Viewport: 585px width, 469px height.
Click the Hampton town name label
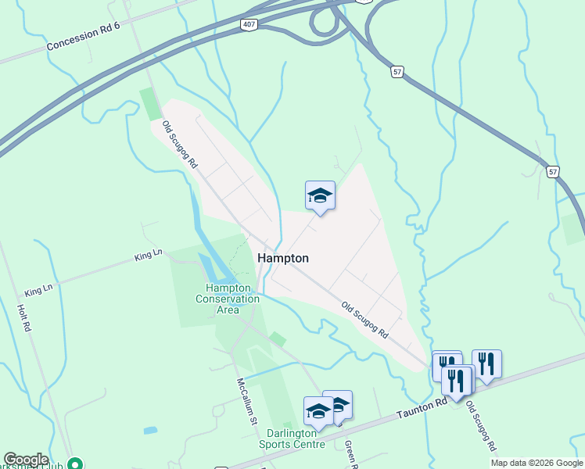[x=283, y=258]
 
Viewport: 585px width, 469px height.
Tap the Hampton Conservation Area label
[x=228, y=299]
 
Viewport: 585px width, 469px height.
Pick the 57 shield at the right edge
[x=554, y=171]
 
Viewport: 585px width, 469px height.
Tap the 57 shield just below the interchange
[x=397, y=71]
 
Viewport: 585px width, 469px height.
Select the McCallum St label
[x=248, y=402]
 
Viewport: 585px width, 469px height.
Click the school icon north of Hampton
[x=320, y=195]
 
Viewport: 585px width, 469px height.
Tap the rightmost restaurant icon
[x=486, y=363]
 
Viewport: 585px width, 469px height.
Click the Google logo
[x=26, y=460]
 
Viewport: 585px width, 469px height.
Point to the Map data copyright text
[x=537, y=463]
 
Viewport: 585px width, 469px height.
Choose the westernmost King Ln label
[x=38, y=290]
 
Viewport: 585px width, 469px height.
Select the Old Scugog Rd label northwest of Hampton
[x=181, y=146]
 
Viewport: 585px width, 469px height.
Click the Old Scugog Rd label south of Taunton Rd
[x=481, y=428]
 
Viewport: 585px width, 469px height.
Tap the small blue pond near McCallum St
[x=150, y=431]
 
